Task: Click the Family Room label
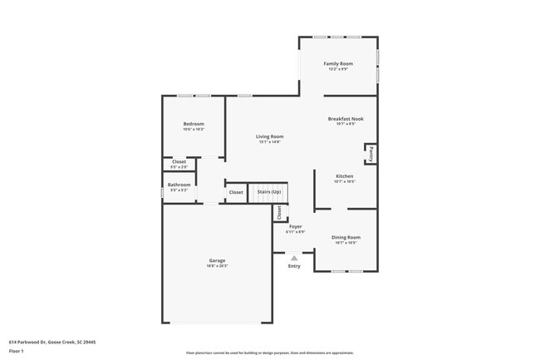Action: click(338, 63)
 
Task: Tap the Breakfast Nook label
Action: click(346, 119)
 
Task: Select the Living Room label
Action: click(269, 136)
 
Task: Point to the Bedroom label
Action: click(194, 124)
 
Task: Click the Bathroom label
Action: click(179, 185)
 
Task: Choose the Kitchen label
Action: click(345, 176)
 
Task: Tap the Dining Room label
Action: click(346, 238)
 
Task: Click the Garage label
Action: click(217, 261)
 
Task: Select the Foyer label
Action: click(295, 226)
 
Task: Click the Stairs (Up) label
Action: click(269, 192)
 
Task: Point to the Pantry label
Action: click(371, 154)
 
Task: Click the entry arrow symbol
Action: click(294, 259)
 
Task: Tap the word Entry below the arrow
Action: click(294, 266)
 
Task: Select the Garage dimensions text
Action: click(217, 267)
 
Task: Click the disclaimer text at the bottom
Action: click(270, 353)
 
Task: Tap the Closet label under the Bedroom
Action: click(179, 161)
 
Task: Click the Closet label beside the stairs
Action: click(236, 192)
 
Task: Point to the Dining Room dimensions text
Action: click(346, 244)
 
